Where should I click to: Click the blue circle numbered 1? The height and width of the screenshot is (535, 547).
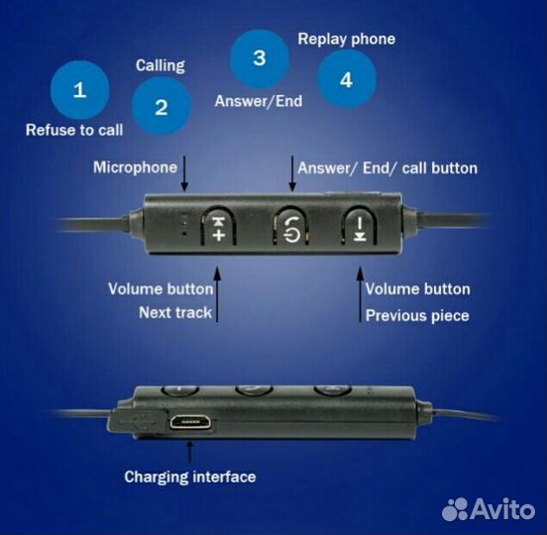pyautogui.click(x=80, y=90)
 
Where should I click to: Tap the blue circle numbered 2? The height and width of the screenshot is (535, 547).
pyautogui.click(x=162, y=106)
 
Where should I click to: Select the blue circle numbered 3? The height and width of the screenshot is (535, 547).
pyautogui.click(x=260, y=58)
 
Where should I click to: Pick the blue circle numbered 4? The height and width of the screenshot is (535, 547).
pyautogui.click(x=347, y=79)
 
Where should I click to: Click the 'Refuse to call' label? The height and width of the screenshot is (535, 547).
pyautogui.click(x=74, y=130)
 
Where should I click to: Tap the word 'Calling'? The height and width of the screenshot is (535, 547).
pyautogui.click(x=161, y=65)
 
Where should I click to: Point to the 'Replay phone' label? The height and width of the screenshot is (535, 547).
pyautogui.click(x=347, y=39)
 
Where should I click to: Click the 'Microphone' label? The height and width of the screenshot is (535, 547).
pyautogui.click(x=136, y=167)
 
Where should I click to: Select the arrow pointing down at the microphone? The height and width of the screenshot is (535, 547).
pyautogui.click(x=184, y=173)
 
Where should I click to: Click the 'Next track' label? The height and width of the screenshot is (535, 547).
pyautogui.click(x=175, y=312)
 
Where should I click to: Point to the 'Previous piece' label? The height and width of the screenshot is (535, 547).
pyautogui.click(x=417, y=316)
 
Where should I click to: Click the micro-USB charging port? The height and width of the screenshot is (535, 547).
pyautogui.click(x=190, y=422)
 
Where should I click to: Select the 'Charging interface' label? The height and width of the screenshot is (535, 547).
pyautogui.click(x=190, y=478)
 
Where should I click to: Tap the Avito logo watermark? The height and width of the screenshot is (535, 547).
pyautogui.click(x=489, y=509)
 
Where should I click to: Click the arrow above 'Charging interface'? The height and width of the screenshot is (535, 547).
pyautogui.click(x=190, y=453)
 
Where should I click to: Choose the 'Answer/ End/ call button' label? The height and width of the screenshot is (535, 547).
pyautogui.click(x=387, y=168)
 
